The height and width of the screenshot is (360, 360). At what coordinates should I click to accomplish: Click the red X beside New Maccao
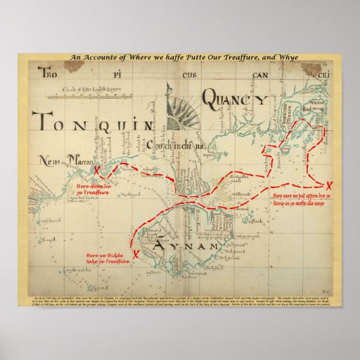[97, 170]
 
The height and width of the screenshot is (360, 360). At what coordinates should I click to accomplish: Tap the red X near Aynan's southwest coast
[137, 254]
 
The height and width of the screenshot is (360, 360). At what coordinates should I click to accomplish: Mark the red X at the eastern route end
[329, 186]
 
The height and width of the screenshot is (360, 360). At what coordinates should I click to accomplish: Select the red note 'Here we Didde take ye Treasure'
[107, 257]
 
